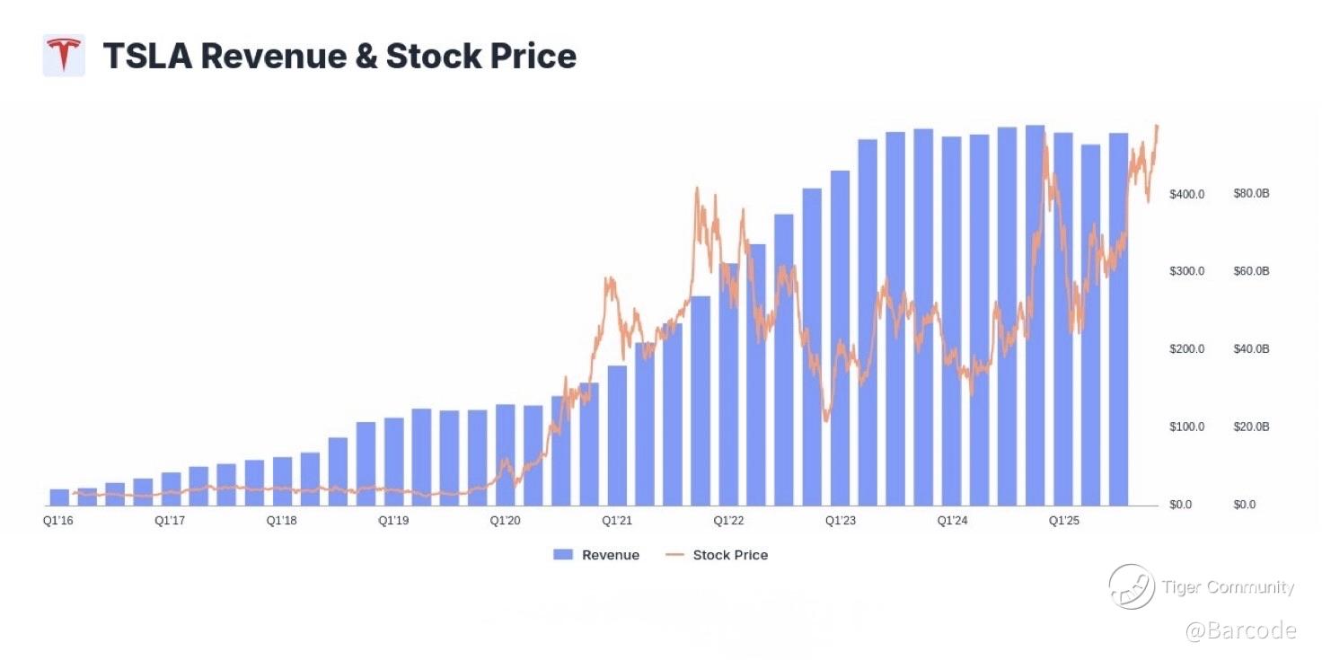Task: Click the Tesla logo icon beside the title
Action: pos(64,56)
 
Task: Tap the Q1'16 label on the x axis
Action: pos(58,521)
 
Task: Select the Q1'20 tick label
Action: pos(506,521)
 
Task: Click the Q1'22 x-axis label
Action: pos(728,521)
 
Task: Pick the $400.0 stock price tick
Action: pos(1185,194)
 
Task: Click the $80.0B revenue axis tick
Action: pos(1251,194)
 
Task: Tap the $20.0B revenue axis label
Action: pos(1251,427)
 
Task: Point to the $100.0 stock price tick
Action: pos(1185,427)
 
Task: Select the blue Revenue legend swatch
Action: pos(563,555)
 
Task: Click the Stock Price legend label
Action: pos(730,555)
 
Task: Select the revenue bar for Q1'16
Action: pos(59,497)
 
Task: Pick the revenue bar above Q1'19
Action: pos(393,462)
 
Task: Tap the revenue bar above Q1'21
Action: pos(617,436)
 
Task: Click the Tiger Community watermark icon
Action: pos(1131,586)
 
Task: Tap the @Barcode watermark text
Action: pos(1240,630)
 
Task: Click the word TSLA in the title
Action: pos(146,56)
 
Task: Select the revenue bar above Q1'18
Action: pos(282,481)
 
